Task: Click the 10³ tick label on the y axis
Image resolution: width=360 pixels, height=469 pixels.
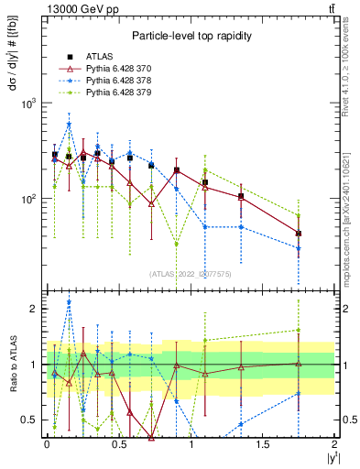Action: click(28, 104)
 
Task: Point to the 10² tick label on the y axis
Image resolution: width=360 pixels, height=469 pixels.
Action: click(28, 199)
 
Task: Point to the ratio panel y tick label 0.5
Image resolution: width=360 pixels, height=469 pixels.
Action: click(31, 420)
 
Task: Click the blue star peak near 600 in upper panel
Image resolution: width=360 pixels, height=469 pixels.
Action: click(69, 125)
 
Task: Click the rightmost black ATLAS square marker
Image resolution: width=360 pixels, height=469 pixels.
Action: click(299, 234)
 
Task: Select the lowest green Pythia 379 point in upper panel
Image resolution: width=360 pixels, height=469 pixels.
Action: click(177, 244)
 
